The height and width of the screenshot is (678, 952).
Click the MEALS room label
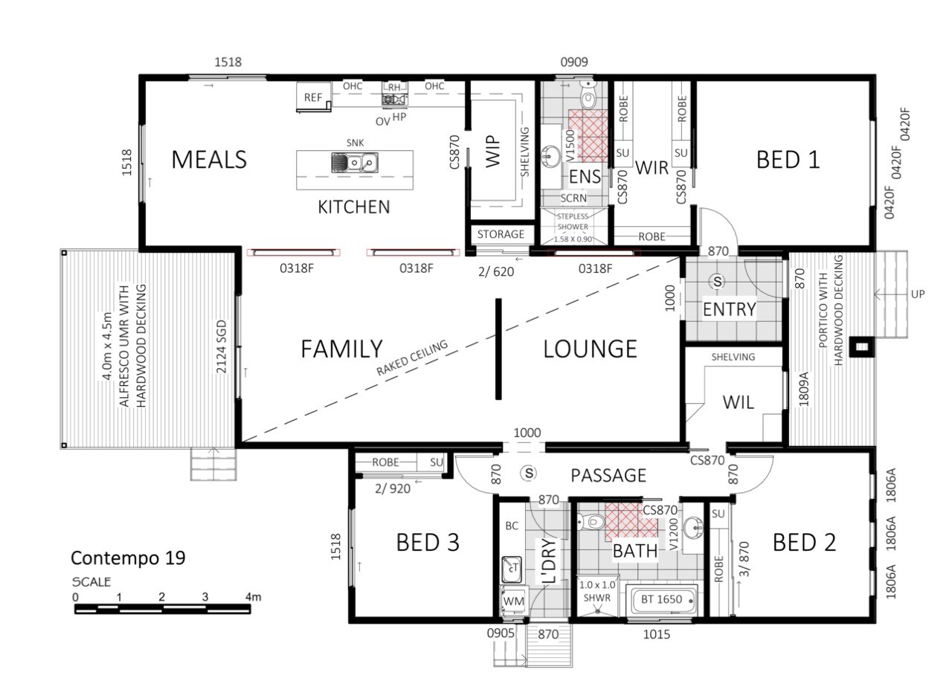[209, 160]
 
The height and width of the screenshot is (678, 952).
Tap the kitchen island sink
[355, 163]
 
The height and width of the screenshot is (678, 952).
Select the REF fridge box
[314, 97]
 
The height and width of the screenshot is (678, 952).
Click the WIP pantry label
[492, 151]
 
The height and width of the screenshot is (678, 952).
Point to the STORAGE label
[501, 234]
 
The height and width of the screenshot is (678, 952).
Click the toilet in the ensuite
[588, 96]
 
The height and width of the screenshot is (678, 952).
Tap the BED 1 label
[788, 160]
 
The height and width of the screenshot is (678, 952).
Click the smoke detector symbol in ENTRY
[718, 281]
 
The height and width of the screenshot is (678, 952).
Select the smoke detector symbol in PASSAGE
[529, 474]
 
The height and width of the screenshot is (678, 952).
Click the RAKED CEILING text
[412, 358]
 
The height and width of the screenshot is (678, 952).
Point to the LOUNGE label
[590, 349]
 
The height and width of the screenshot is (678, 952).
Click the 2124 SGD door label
[222, 346]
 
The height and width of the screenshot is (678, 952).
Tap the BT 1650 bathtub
[661, 599]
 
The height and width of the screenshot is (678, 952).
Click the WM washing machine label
[513, 601]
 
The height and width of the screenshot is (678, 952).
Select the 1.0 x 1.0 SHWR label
[597, 591]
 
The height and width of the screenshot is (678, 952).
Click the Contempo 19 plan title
[128, 558]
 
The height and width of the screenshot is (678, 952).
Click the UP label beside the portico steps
[918, 294]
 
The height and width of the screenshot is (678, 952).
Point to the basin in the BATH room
[693, 529]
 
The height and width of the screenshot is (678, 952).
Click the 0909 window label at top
[574, 62]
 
